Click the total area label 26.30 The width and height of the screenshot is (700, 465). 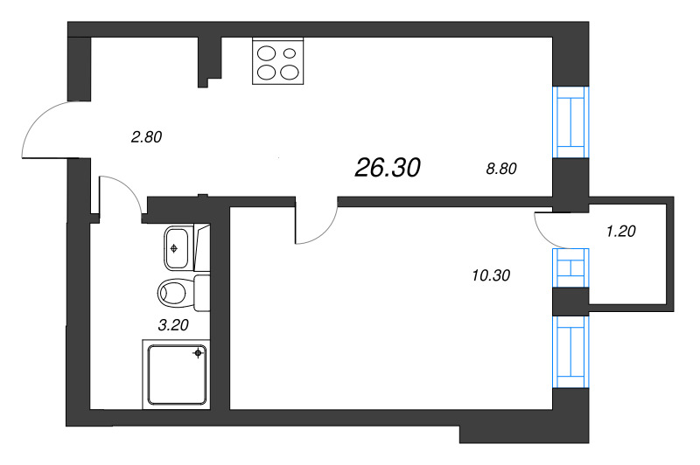388,168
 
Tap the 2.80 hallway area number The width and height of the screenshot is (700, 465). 146,136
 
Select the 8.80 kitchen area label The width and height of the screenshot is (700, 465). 502,169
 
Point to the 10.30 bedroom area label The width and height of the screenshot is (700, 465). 490,275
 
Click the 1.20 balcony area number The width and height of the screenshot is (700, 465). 619,232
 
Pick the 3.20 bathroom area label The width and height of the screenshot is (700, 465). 171,325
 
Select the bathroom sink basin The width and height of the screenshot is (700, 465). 178,248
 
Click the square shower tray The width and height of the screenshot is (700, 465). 175,373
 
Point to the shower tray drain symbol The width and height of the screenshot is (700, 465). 199,353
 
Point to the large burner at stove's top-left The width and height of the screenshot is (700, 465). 267,54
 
